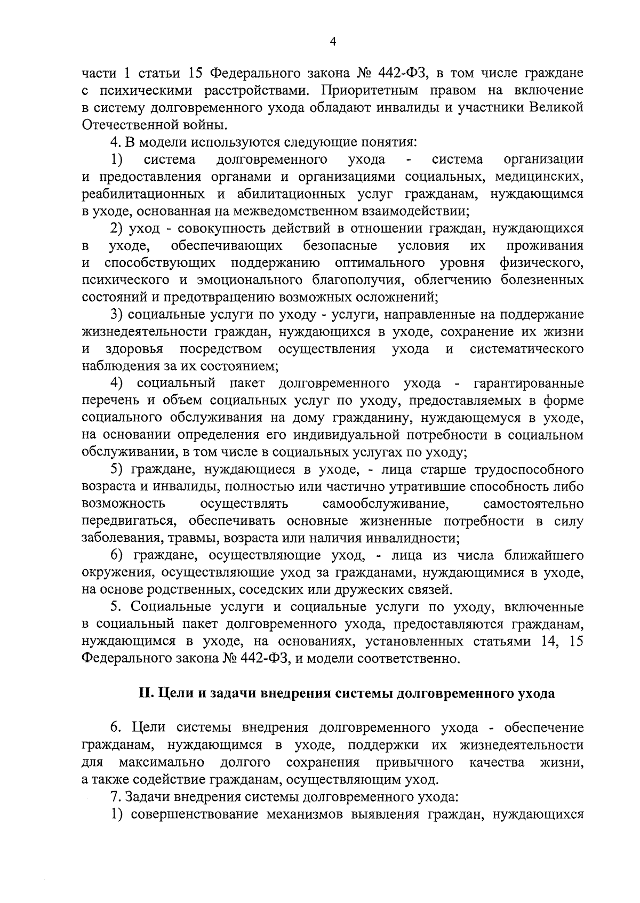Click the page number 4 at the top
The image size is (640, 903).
(333, 42)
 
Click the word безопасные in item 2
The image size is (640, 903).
(340, 246)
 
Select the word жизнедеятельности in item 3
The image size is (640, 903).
(137, 332)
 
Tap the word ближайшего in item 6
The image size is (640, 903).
(542, 556)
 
